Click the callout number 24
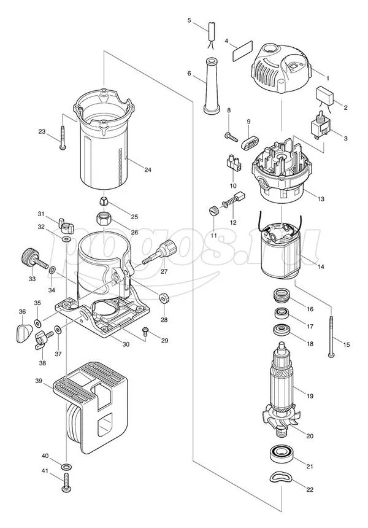tap(147, 170)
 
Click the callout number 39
tap(38, 381)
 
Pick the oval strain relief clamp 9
tap(249, 142)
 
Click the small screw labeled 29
tap(145, 332)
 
